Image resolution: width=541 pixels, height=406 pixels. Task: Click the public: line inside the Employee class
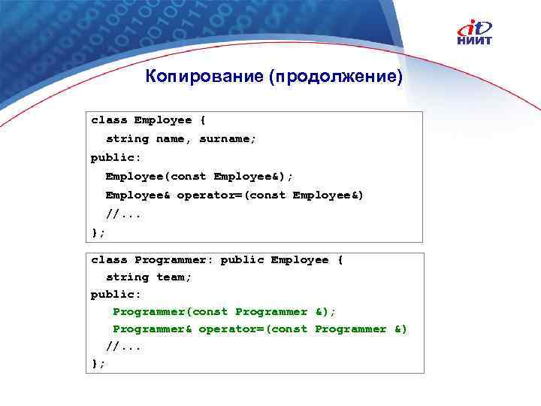[x=116, y=157]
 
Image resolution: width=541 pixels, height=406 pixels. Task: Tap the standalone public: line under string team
[x=116, y=295]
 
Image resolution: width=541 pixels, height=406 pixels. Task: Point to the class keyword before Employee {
[x=109, y=120]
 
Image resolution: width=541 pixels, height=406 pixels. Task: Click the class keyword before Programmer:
[x=109, y=259]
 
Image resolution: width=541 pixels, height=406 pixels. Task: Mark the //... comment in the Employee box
[x=123, y=214]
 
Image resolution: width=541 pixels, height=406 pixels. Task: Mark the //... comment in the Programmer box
[x=123, y=347]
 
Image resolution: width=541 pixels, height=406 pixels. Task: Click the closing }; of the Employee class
[x=98, y=232]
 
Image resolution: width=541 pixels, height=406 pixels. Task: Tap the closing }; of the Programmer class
[x=98, y=364]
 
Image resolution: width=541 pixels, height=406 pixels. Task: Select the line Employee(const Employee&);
[x=200, y=176]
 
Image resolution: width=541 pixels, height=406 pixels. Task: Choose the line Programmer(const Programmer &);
[x=224, y=311]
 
